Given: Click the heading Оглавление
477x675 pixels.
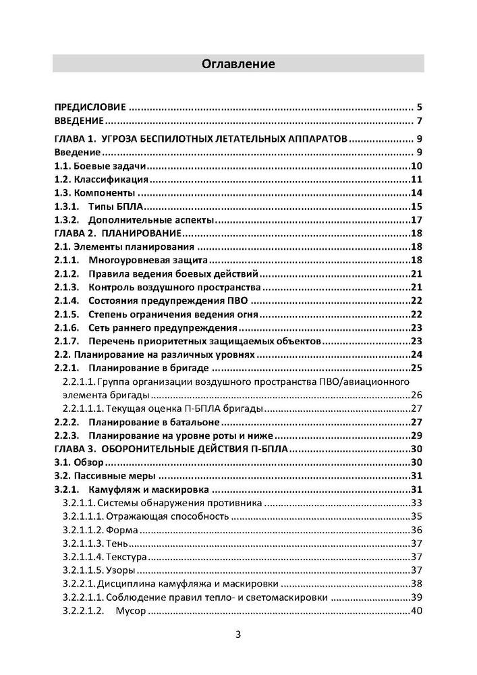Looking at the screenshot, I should click(238, 64).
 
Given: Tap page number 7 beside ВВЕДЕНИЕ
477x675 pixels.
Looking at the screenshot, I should click(419, 122).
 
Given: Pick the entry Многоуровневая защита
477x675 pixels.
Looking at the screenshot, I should click(146, 261).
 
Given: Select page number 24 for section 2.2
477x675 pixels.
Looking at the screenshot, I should click(416, 354).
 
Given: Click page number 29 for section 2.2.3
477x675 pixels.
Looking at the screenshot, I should click(416, 435).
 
